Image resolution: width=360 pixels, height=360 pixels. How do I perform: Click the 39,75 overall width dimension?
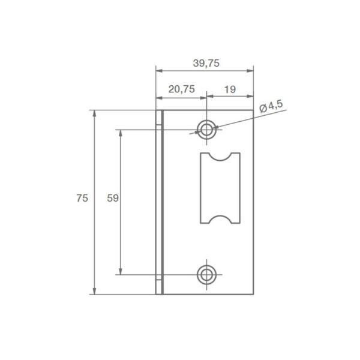click(206, 63)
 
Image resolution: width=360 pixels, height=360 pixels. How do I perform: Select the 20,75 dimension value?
click(181, 89)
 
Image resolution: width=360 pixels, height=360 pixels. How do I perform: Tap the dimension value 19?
click(229, 89)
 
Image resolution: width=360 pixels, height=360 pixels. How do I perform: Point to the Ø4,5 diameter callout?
click(271, 107)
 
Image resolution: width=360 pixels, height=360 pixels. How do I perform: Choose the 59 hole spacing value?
click(112, 197)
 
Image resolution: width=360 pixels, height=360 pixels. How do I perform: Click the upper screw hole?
click(206, 128)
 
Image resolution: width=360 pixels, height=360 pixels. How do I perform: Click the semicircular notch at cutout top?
click(219, 157)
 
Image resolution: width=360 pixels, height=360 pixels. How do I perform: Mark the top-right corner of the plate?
click(255, 110)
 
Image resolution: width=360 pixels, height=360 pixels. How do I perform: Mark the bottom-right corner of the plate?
click(255, 295)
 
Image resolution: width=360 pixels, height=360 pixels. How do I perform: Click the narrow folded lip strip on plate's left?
click(160, 202)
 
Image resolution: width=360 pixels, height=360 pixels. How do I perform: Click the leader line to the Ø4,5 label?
click(240, 119)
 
